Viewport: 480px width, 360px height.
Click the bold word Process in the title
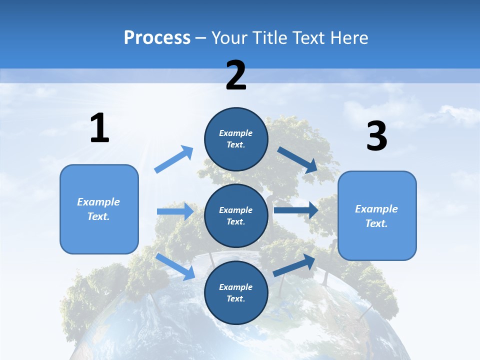tap(157, 38)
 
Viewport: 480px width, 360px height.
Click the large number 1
tap(99, 128)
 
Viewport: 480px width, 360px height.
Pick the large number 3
tap(376, 136)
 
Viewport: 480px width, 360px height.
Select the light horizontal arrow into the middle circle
tap(175, 211)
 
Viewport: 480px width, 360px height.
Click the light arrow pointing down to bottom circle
tap(175, 266)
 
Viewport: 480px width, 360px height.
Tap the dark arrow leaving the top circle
tap(297, 159)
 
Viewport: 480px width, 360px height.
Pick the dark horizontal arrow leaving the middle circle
tap(296, 210)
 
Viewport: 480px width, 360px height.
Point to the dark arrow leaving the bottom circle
tap(294, 265)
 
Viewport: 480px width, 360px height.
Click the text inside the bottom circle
tap(236, 292)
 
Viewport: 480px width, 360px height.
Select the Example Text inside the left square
tap(98, 209)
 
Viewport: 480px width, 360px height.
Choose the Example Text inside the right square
tap(376, 216)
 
